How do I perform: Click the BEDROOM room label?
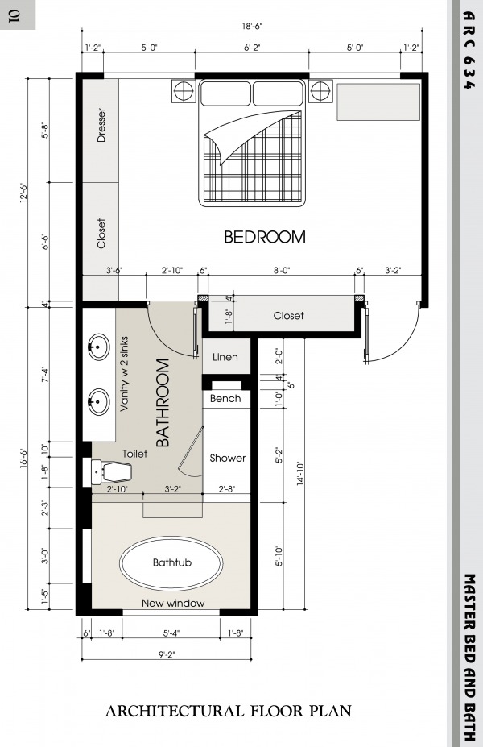(265, 237)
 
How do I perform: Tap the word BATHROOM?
(163, 403)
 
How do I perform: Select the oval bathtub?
(171, 562)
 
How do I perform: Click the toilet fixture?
(111, 471)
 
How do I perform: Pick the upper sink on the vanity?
(98, 347)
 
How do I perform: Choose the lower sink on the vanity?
(98, 401)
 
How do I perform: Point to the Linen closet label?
(225, 357)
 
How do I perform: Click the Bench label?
(225, 398)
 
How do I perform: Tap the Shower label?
(228, 458)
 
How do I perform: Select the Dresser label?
(101, 125)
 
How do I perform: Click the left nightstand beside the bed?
(184, 90)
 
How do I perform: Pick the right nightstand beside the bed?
(320, 90)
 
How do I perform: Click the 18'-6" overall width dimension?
(252, 27)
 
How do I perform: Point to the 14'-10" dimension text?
(301, 474)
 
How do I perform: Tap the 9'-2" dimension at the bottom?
(167, 654)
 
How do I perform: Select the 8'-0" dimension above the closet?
(281, 271)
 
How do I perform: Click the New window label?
(173, 603)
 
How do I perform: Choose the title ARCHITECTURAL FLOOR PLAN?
(229, 712)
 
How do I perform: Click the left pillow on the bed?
(225, 93)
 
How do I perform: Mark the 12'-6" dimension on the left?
(24, 193)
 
